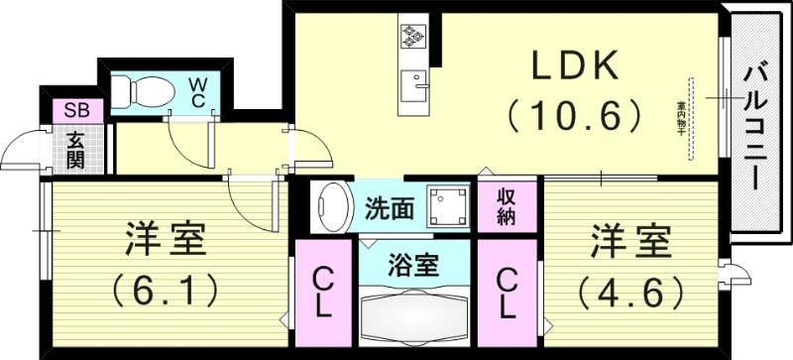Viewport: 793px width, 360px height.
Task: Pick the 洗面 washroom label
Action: [x=389, y=208]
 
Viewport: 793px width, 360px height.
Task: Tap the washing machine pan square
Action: [x=446, y=207]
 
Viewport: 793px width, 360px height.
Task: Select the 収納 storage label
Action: [x=507, y=208]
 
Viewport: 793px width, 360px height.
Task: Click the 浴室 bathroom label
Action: [x=413, y=266]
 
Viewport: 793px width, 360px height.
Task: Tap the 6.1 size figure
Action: [x=166, y=292]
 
